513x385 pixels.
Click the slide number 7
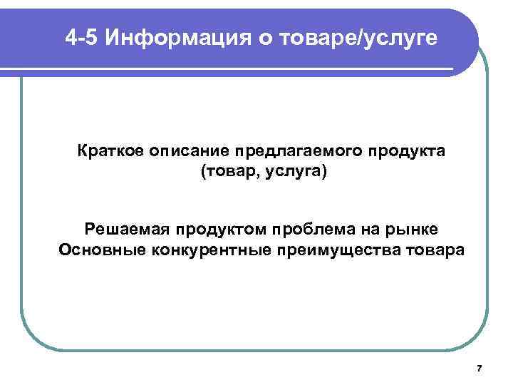click(x=479, y=369)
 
